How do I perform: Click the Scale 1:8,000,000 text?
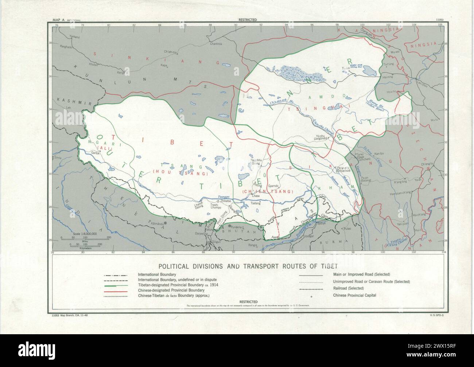pyautogui.click(x=85, y=234)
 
